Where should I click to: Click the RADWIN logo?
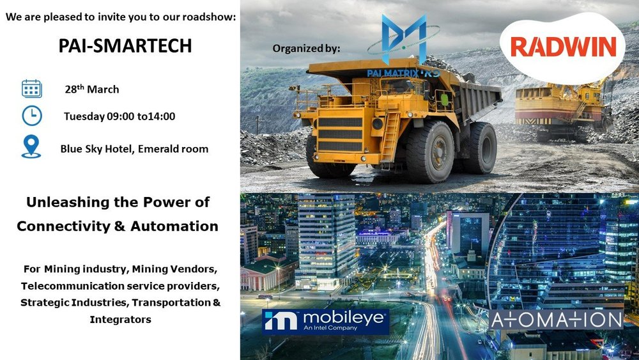(563, 47)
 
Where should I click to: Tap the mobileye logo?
(325, 322)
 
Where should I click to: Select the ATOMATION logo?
(557, 320)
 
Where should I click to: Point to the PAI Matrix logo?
(403, 45)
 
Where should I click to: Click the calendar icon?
(32, 88)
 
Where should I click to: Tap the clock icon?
(32, 116)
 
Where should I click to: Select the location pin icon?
(31, 146)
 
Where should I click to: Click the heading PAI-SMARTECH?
(125, 45)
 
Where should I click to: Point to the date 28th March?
(92, 89)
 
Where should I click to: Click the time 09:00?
(121, 116)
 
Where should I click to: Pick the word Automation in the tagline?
(174, 226)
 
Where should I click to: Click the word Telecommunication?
(73, 286)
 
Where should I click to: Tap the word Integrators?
(121, 319)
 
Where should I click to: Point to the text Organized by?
(306, 49)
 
